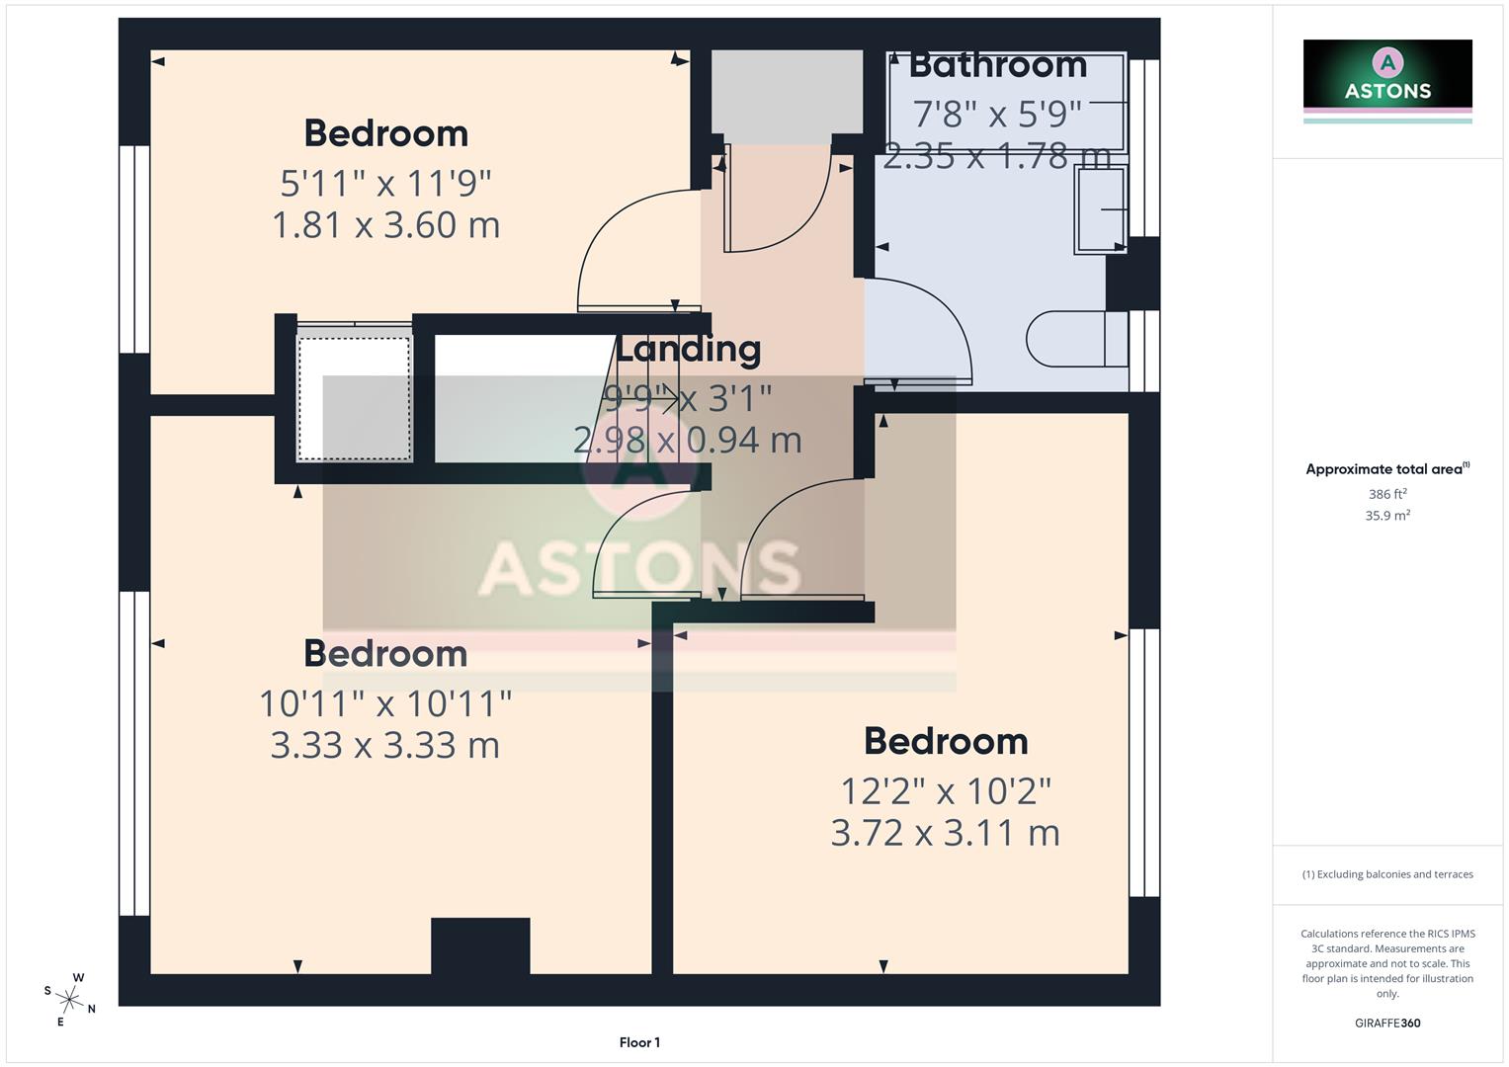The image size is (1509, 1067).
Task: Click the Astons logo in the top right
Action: click(x=1387, y=74)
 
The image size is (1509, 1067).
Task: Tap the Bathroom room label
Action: click(x=997, y=65)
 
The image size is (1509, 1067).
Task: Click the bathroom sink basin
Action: click(x=1101, y=209)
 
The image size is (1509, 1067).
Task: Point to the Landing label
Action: click(x=689, y=349)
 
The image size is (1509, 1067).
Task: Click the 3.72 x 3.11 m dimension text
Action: click(x=945, y=833)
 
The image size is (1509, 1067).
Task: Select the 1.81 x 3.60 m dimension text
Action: click(x=385, y=225)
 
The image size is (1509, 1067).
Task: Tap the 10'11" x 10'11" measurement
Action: click(x=385, y=703)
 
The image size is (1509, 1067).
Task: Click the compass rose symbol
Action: click(x=70, y=999)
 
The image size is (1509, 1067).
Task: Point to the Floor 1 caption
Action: click(x=639, y=1042)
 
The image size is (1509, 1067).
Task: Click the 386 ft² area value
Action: click(x=1387, y=494)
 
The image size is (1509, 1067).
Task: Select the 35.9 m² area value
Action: click(x=1387, y=515)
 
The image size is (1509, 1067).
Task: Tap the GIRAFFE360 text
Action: click(x=1387, y=1023)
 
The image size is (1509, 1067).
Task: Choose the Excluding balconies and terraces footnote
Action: click(x=1387, y=874)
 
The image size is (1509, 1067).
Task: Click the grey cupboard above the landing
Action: click(x=787, y=93)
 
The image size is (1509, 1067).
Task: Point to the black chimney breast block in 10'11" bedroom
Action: click(x=480, y=945)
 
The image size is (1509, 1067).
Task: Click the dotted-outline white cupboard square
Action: click(x=354, y=399)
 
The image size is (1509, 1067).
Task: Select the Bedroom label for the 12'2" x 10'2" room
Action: click(x=946, y=741)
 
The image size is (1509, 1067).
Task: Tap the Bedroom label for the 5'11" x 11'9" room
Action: click(x=385, y=133)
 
